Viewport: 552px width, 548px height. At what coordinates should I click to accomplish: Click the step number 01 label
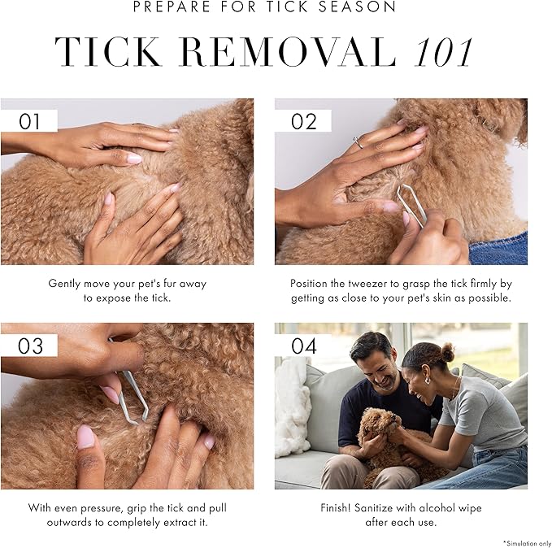tap(29, 121)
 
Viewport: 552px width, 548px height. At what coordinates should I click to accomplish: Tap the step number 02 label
tap(304, 121)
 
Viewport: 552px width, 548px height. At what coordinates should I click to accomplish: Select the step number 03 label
tap(30, 346)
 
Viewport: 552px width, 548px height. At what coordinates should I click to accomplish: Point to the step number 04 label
tap(304, 346)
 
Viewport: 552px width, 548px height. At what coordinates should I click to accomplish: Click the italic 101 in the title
tap(444, 53)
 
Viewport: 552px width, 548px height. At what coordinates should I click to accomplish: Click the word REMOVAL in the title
tap(288, 52)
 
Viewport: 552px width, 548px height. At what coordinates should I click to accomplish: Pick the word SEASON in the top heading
tap(357, 7)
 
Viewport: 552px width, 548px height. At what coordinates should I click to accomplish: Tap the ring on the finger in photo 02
tap(358, 141)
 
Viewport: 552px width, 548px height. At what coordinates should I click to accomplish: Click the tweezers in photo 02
tap(411, 205)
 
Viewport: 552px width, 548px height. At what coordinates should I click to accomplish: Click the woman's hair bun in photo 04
tap(447, 352)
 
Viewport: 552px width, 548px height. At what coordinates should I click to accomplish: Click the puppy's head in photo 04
tap(380, 423)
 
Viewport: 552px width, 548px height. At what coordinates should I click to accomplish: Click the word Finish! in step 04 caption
tap(336, 508)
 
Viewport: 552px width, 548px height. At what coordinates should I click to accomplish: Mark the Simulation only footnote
tap(527, 543)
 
